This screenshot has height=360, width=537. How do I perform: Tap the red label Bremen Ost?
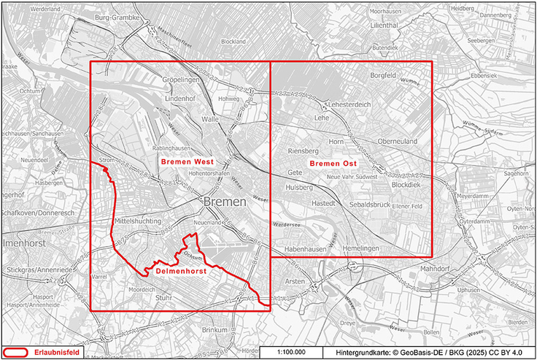333,163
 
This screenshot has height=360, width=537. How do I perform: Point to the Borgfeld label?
387,74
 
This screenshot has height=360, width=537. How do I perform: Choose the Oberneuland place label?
396,142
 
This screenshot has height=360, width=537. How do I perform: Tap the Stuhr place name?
163,298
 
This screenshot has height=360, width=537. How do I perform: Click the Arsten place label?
295,281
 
